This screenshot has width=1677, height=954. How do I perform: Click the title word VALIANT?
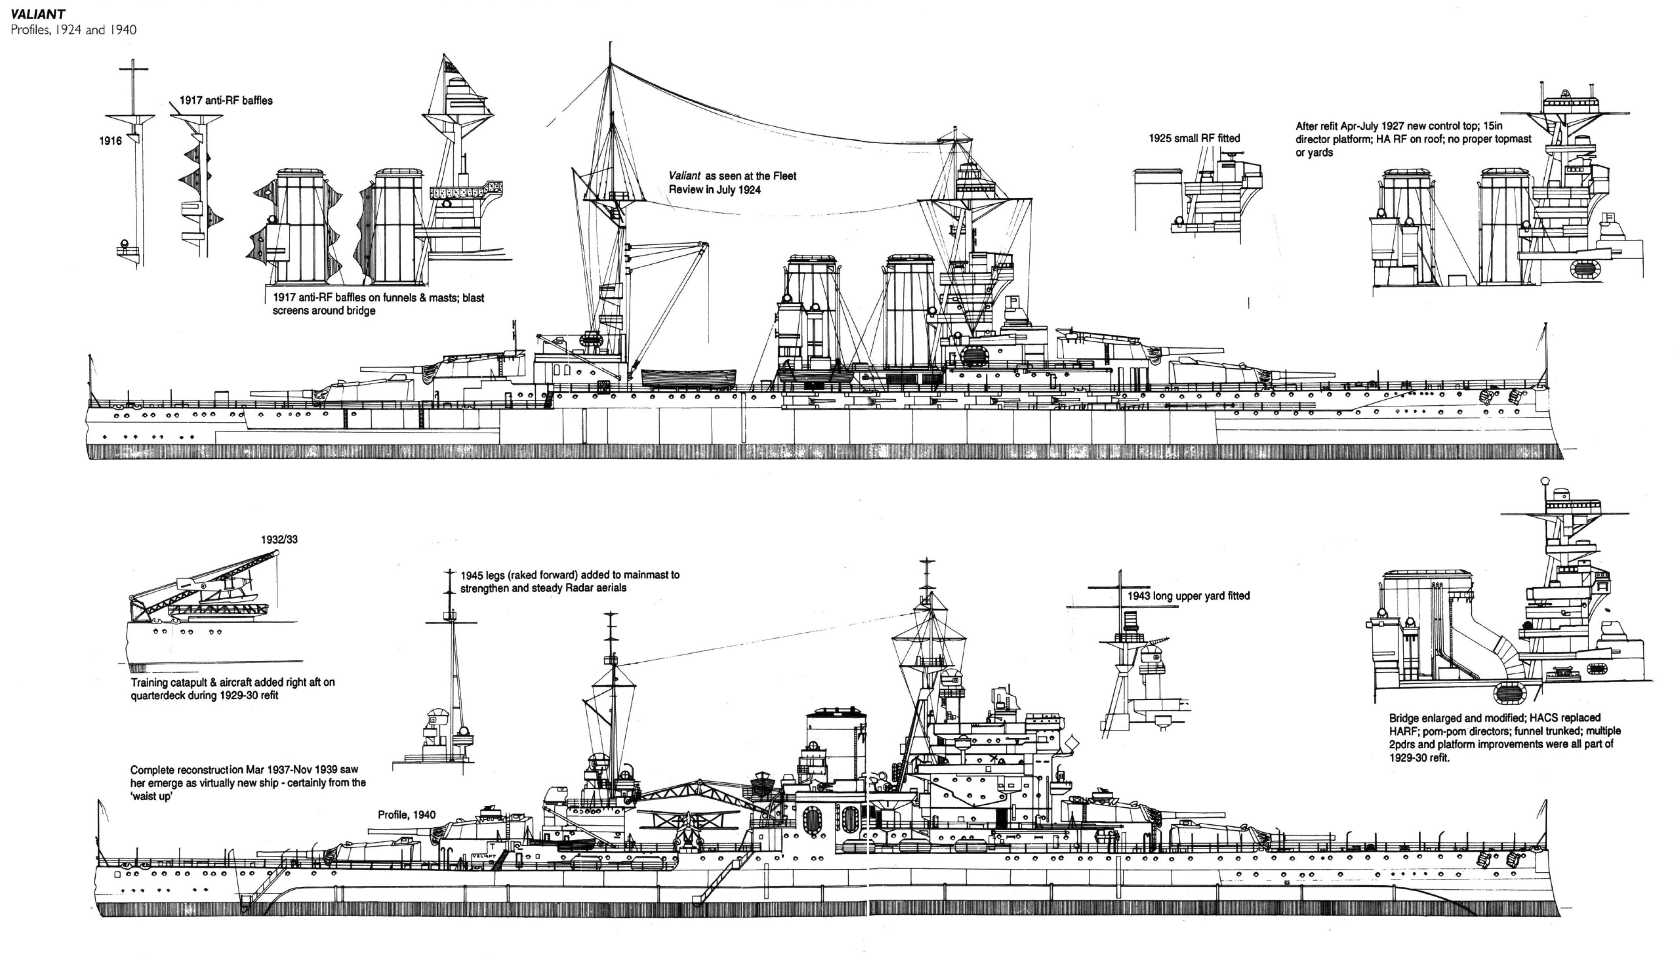point(37,14)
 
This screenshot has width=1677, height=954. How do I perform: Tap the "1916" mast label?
point(110,141)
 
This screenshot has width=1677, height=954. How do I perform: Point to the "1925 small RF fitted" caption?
point(1193,138)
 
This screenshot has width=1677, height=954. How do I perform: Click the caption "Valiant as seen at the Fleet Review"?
point(732,183)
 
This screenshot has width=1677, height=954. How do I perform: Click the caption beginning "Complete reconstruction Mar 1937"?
point(248,782)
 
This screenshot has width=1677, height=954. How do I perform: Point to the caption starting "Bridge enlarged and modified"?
point(1504,737)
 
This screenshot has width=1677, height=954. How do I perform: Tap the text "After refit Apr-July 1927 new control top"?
point(1413,139)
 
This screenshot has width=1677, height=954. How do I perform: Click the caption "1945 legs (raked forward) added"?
point(569,581)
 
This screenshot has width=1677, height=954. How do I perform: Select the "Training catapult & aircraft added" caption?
point(232,688)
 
